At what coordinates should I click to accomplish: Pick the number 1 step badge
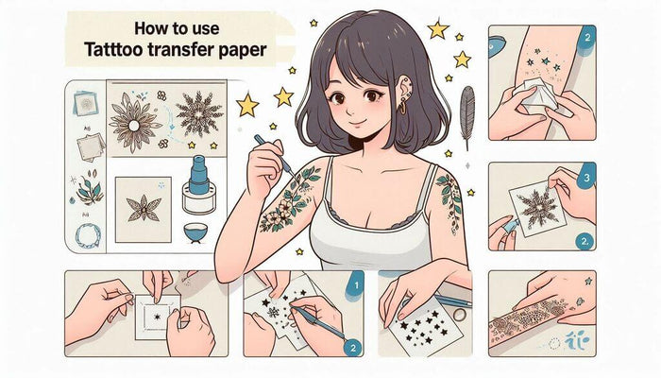click(353, 282)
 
